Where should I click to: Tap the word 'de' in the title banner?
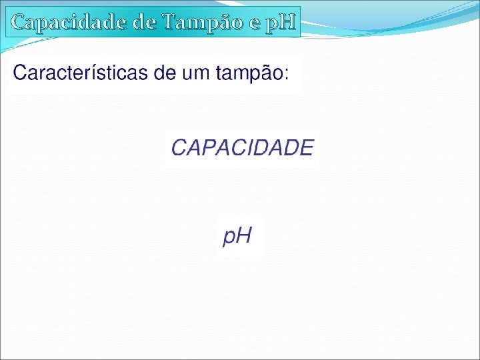pos(145,22)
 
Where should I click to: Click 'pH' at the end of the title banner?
pos(281,23)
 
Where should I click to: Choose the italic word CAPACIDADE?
pos(242,147)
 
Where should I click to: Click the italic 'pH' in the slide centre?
pos(237,235)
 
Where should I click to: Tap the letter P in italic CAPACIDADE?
pos(208,147)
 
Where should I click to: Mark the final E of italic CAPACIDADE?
pos(306,147)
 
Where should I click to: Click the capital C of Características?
pos(21,73)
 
